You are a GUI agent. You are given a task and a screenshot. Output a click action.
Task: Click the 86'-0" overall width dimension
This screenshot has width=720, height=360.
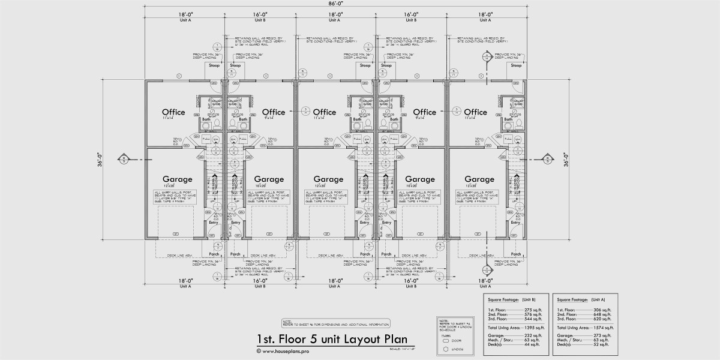[x=335, y=4]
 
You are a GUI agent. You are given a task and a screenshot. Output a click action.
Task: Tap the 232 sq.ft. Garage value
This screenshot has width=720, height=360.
[x=532, y=335]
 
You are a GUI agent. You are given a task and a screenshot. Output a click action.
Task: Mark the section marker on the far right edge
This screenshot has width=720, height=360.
[x=547, y=159]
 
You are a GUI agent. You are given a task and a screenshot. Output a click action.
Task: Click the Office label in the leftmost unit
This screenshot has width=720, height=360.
[x=173, y=112]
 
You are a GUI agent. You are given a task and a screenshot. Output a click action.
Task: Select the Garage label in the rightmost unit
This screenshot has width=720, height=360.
[x=479, y=179]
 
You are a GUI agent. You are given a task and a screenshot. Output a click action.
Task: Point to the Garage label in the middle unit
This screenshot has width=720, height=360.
[x=328, y=179]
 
